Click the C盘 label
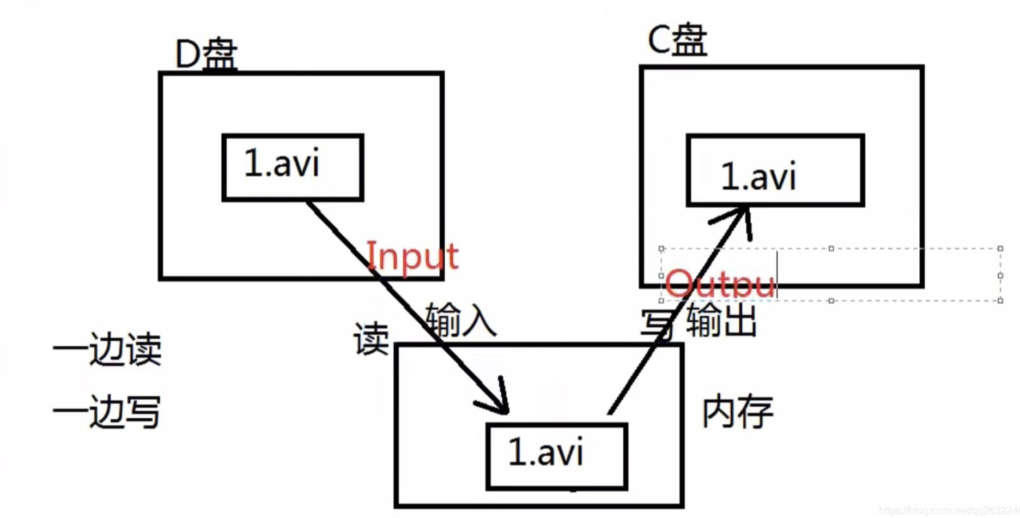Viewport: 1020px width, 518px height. click(677, 40)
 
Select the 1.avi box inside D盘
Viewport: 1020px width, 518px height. click(293, 167)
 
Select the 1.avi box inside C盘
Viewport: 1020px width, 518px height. click(775, 170)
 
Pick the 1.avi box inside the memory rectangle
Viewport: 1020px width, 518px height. click(556, 456)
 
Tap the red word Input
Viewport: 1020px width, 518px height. click(413, 256)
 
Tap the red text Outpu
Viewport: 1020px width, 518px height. click(719, 284)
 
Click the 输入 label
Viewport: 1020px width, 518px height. click(460, 320)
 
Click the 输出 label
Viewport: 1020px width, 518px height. click(721, 321)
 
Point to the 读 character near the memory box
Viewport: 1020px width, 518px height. click(371, 339)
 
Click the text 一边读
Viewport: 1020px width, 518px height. click(107, 349)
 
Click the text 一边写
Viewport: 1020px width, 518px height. click(107, 412)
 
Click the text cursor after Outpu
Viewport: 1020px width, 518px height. click(778, 275)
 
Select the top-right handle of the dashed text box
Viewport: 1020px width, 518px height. click(1000, 249)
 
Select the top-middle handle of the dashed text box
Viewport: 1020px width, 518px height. click(831, 249)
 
